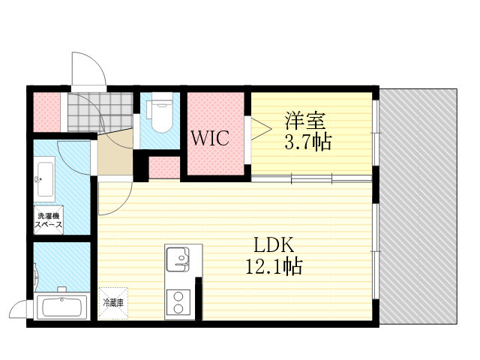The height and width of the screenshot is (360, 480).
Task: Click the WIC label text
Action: point(210,138)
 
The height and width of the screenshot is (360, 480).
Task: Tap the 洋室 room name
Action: point(305,121)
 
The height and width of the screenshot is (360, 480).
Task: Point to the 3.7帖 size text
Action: point(307,142)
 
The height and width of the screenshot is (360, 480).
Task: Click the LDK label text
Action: point(274,244)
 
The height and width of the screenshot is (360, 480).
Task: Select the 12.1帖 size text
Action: point(274,266)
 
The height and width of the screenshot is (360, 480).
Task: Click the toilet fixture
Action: point(160,112)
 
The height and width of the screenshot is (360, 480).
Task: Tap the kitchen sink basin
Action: point(178,259)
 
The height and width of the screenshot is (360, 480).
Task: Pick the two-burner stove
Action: point(178,303)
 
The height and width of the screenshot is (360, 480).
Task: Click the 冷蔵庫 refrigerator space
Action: point(113,303)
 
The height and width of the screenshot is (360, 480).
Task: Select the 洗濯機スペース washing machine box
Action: point(48,220)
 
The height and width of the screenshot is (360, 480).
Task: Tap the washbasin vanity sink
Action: point(45,179)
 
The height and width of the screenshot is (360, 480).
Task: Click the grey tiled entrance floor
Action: point(100,112)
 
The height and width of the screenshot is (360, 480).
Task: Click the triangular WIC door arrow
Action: point(261,129)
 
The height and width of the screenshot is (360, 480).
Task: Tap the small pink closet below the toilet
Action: point(164,167)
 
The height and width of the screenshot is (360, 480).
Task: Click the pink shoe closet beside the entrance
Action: point(46,112)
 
